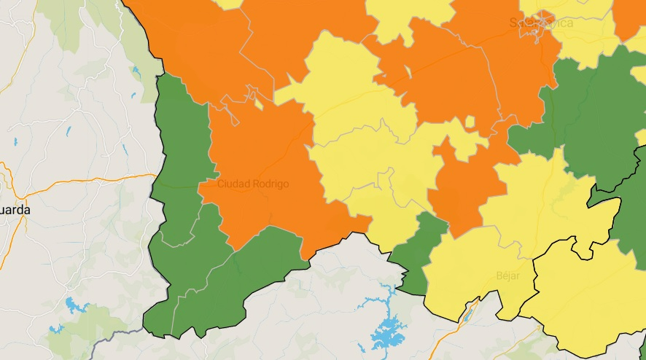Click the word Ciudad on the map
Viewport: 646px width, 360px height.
click(233, 184)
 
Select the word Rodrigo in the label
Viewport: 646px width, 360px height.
click(271, 184)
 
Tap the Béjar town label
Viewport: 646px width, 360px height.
click(507, 275)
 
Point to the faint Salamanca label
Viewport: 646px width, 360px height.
click(541, 23)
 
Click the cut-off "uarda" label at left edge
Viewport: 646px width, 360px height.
click(15, 210)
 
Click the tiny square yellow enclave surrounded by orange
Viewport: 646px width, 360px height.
click(470, 122)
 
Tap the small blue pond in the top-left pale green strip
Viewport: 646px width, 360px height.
click(136, 71)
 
